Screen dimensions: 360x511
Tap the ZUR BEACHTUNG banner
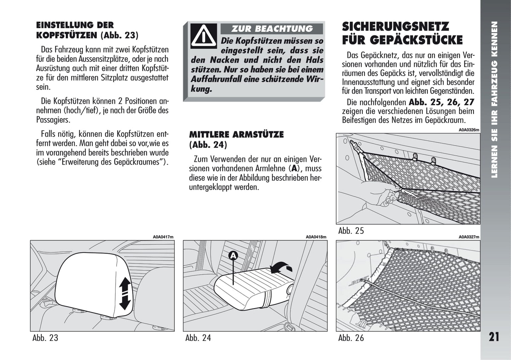[272, 29]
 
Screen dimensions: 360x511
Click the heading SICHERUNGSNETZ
[395, 26]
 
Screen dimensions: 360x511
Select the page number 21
[494, 337]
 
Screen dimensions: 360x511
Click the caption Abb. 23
[45, 338]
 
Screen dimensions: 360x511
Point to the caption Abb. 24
[198, 338]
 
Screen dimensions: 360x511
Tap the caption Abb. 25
[351, 231]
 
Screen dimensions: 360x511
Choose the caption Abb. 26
[351, 338]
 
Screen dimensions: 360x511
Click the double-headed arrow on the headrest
[125, 294]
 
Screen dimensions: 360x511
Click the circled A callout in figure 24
[233, 255]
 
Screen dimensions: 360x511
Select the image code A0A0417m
[163, 237]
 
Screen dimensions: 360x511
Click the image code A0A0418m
[316, 237]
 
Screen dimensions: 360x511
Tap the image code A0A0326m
[469, 130]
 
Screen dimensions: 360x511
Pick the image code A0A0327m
[469, 237]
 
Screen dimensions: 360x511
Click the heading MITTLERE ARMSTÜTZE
[236, 135]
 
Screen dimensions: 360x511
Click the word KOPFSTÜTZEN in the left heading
[66, 35]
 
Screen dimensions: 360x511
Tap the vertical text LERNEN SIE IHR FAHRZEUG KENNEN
[495, 99]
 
